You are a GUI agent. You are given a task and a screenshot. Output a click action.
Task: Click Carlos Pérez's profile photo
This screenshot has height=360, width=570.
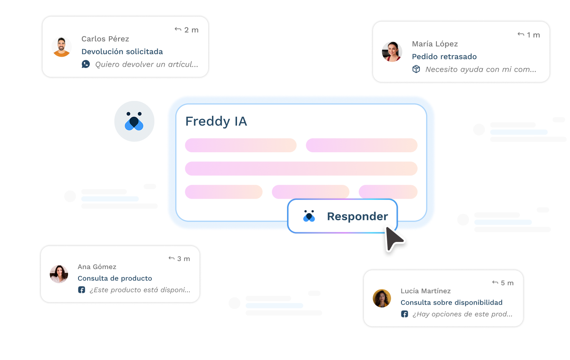[62, 47]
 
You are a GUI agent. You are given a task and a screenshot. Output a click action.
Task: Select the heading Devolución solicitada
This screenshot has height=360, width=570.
[122, 52]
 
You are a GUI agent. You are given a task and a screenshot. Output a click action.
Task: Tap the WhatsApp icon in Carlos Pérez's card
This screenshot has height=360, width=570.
[86, 64]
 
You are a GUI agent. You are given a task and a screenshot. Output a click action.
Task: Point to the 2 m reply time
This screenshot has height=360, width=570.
[187, 30]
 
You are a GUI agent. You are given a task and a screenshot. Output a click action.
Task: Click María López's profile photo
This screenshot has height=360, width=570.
[392, 52]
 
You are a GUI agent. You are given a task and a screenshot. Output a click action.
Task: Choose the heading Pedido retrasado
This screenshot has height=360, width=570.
[444, 57]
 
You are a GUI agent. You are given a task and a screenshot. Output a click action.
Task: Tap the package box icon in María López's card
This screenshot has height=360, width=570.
[416, 69]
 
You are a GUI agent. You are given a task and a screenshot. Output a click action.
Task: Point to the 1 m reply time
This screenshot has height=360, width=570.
[529, 35]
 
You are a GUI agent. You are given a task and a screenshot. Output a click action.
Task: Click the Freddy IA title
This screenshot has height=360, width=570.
[216, 121]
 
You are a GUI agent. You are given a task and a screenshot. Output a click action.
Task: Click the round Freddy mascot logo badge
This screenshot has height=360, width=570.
[134, 121]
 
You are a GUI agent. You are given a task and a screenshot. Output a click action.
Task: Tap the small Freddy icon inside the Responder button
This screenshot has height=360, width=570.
[309, 216]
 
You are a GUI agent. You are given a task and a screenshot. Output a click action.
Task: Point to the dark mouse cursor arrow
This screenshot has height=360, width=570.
[393, 239]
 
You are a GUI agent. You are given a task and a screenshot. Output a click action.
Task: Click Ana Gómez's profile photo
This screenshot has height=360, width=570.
[59, 274]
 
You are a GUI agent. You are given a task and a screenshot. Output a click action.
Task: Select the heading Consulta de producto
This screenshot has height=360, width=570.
[115, 278]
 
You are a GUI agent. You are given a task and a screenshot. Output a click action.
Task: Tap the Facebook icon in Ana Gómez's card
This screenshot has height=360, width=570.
[81, 290]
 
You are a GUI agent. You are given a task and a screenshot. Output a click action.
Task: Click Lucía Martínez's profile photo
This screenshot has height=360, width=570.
[382, 298]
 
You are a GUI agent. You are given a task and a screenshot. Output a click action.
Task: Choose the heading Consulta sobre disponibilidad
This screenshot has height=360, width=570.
[451, 302]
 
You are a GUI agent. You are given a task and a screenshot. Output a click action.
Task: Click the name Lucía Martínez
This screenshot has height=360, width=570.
[426, 291]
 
